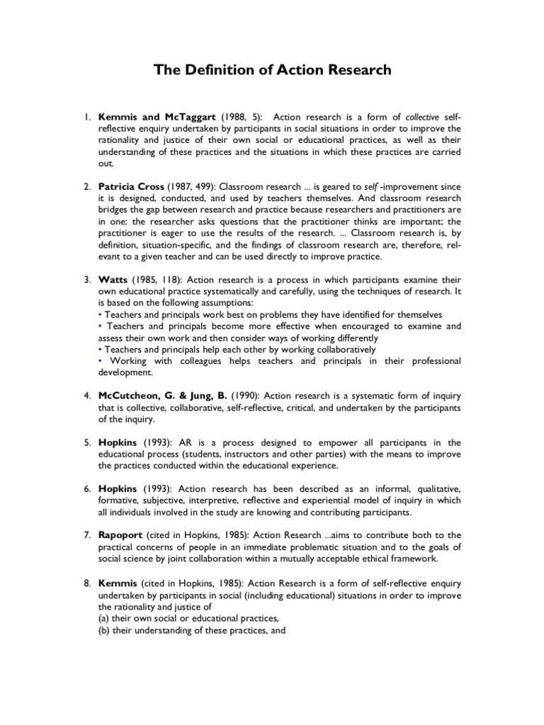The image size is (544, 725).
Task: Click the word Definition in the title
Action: pyautogui.click(x=219, y=70)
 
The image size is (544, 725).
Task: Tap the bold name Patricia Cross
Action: pyautogui.click(x=132, y=186)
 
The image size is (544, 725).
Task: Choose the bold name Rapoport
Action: pyautogui.click(x=123, y=535)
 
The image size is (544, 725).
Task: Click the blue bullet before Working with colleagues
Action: pyautogui.click(x=101, y=361)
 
